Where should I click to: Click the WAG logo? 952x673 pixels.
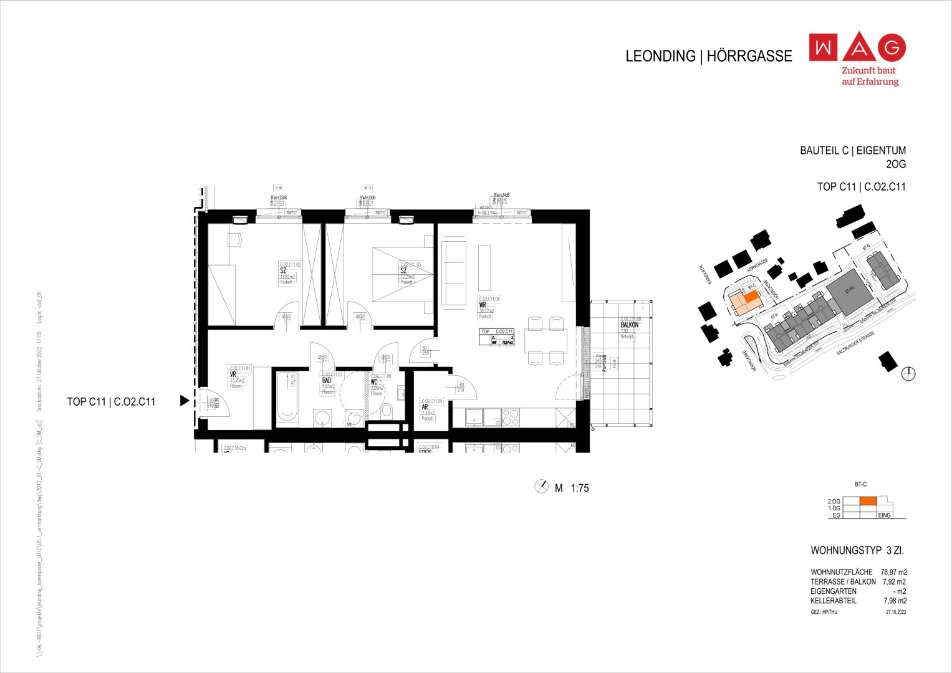857,47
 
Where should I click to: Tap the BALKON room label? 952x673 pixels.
629,325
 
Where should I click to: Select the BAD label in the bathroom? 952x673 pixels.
326,380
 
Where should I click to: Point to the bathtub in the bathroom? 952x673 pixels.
287,399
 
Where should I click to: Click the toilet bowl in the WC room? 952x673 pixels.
386,410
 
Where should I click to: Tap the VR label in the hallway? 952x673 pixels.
233,375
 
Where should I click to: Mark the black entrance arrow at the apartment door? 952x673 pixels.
184,401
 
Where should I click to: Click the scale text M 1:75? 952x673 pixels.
572,488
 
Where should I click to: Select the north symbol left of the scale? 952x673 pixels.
541,487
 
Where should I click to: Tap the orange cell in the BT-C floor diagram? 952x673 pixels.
868,501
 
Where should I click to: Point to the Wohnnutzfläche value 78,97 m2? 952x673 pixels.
893,572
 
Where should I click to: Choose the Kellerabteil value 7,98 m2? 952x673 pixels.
895,601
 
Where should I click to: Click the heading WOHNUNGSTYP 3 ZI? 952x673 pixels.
857,551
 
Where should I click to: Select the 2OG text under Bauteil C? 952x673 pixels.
895,165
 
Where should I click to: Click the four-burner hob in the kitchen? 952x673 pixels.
511,417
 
